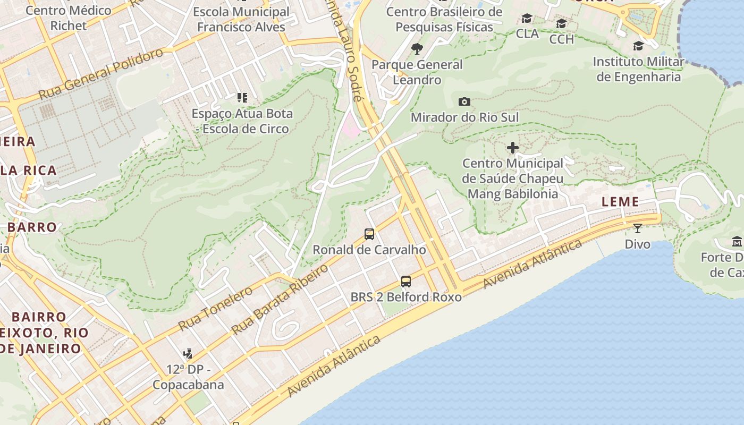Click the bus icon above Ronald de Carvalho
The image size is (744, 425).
(369, 234)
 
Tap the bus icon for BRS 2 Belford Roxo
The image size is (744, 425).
(406, 282)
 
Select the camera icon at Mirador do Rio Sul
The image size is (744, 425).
(464, 101)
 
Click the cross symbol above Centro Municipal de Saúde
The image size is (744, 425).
(513, 148)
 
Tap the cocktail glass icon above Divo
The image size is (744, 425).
(637, 228)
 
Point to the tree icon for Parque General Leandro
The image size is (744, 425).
(417, 49)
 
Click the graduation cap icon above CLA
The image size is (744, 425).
(527, 19)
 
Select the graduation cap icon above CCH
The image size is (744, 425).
(561, 24)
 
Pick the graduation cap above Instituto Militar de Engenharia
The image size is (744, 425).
(638, 46)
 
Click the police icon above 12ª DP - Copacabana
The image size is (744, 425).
(188, 353)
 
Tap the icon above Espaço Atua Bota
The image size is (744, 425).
(242, 97)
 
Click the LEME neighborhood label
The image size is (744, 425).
(620, 202)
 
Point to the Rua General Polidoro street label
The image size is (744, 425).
(100, 74)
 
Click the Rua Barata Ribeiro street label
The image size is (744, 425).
(280, 300)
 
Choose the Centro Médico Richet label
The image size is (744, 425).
(68, 18)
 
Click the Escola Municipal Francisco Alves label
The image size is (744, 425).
(241, 19)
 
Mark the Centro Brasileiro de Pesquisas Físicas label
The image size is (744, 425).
(444, 19)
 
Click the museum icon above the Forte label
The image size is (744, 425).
(737, 242)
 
